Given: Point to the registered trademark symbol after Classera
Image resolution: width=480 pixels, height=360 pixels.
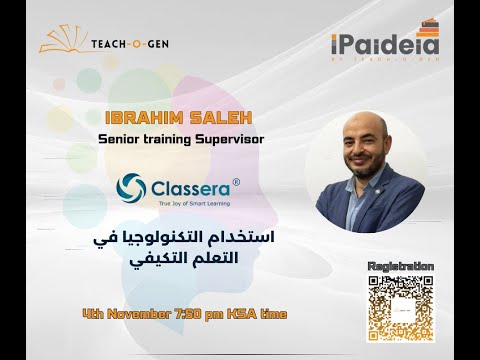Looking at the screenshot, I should (236, 181).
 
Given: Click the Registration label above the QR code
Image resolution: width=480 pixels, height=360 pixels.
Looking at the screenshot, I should (401, 265).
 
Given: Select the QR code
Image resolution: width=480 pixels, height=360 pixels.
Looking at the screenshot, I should (401, 307).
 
